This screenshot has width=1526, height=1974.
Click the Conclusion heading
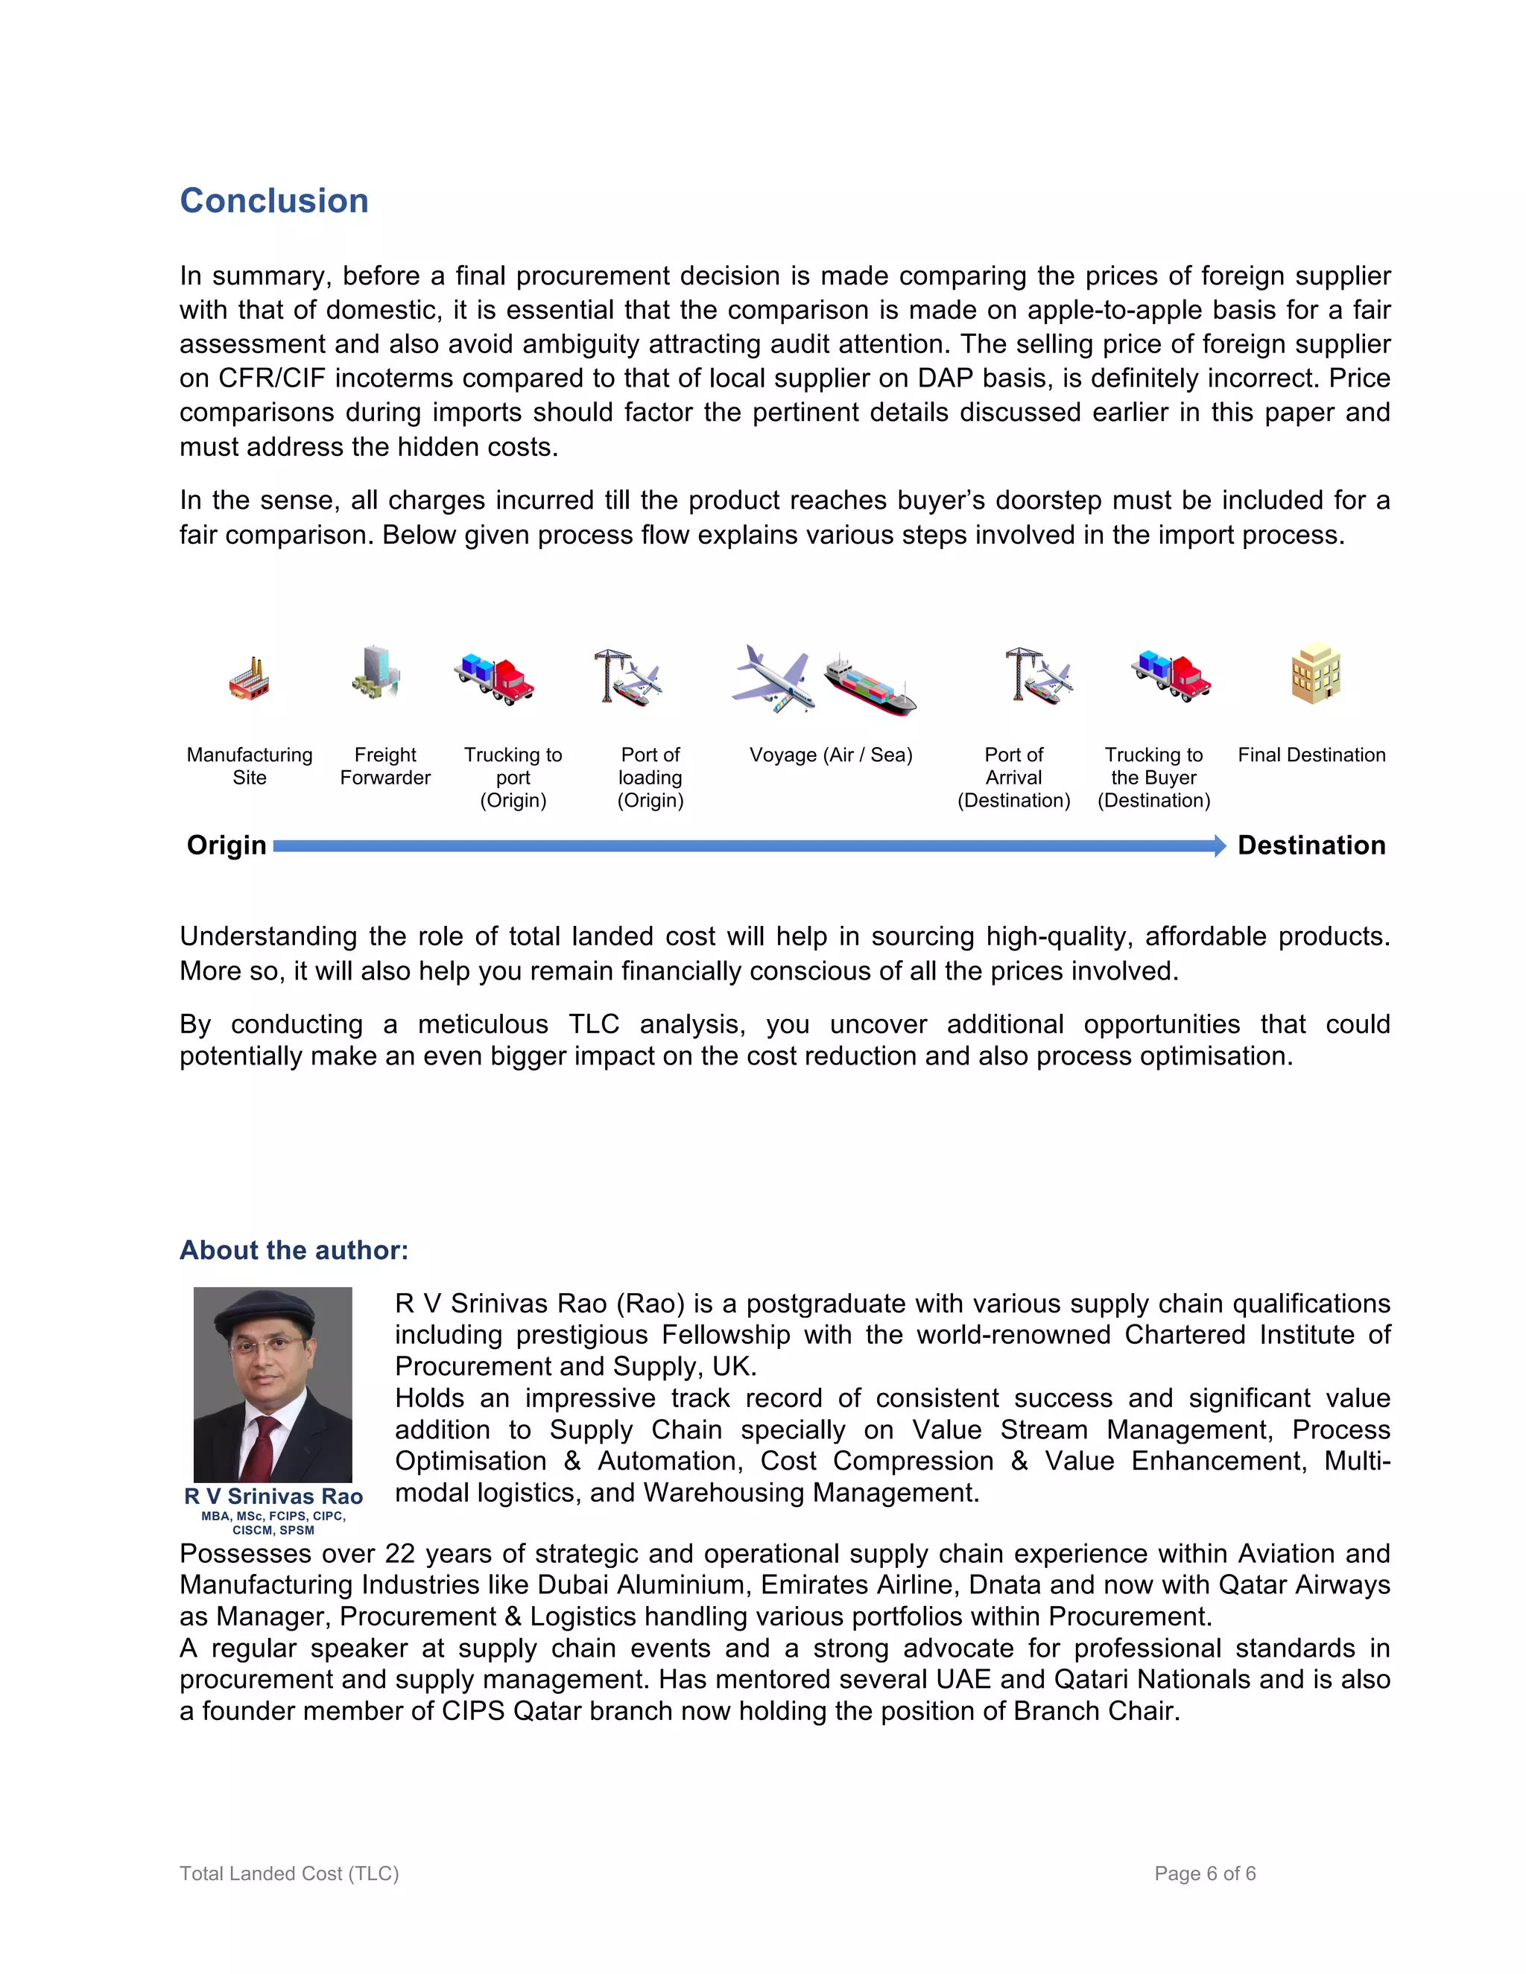click(274, 200)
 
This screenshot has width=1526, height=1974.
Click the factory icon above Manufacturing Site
click(250, 679)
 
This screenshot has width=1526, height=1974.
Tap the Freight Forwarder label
click(385, 766)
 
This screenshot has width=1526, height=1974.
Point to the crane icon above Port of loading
click(627, 676)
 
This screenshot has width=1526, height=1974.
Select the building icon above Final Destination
click(1315, 673)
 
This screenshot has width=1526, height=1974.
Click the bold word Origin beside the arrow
click(226, 845)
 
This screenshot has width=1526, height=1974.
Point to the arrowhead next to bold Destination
click(1220, 846)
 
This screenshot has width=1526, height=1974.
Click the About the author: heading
click(294, 1250)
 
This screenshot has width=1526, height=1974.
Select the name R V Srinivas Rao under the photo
click(273, 1497)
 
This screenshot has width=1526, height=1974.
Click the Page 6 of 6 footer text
click(1204, 1873)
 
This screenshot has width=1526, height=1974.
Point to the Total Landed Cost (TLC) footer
click(289, 1873)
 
